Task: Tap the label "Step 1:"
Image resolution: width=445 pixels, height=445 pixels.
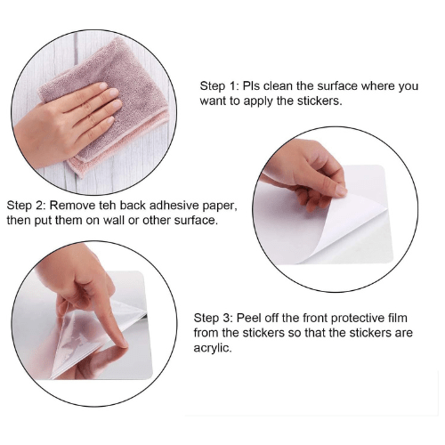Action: tap(219, 86)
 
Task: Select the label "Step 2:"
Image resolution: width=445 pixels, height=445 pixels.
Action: tap(26, 206)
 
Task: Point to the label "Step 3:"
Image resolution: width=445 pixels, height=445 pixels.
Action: tap(214, 318)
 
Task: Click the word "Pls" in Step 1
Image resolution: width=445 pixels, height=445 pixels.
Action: tap(251, 86)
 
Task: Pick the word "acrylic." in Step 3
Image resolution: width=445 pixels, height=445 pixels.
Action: tap(213, 348)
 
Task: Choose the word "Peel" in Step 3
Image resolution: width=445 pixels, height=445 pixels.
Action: tap(249, 318)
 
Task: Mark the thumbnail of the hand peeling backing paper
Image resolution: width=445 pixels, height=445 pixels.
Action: tap(341, 190)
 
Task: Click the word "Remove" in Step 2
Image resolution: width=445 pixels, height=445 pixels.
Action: tap(72, 206)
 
